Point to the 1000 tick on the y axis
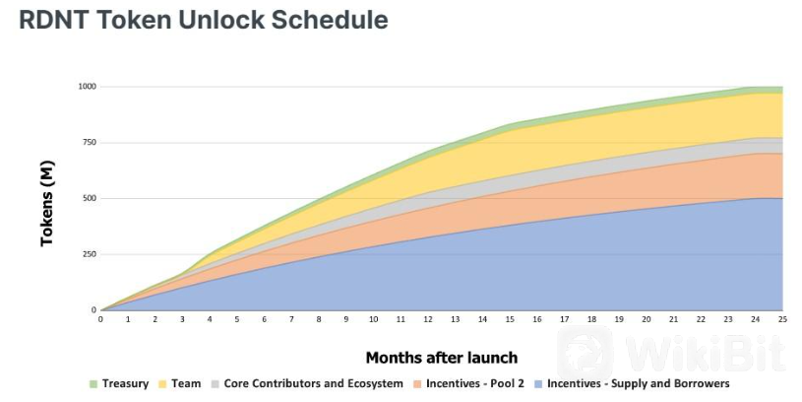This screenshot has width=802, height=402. click(x=87, y=87)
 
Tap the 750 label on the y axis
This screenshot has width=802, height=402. click(x=89, y=142)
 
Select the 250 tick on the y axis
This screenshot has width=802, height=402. click(x=89, y=254)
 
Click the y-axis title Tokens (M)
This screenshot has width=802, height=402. click(x=47, y=203)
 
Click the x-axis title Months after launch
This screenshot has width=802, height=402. click(x=442, y=358)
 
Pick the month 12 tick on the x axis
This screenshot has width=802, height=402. click(x=428, y=319)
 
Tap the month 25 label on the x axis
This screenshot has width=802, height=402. click(x=782, y=319)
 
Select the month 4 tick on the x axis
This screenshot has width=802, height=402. click(x=210, y=319)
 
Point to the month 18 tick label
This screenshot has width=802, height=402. click(x=591, y=319)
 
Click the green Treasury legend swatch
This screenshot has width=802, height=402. click(x=93, y=384)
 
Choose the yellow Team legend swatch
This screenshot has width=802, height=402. click(x=162, y=384)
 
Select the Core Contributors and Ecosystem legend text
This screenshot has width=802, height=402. click(x=313, y=383)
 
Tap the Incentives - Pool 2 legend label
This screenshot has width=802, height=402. click(x=475, y=383)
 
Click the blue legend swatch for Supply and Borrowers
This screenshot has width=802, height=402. click(x=538, y=384)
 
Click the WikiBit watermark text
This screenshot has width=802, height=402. click(x=705, y=353)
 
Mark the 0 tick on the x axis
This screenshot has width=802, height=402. click(x=100, y=319)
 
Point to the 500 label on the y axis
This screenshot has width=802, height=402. click(x=89, y=198)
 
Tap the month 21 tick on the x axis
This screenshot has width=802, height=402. click(x=673, y=319)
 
